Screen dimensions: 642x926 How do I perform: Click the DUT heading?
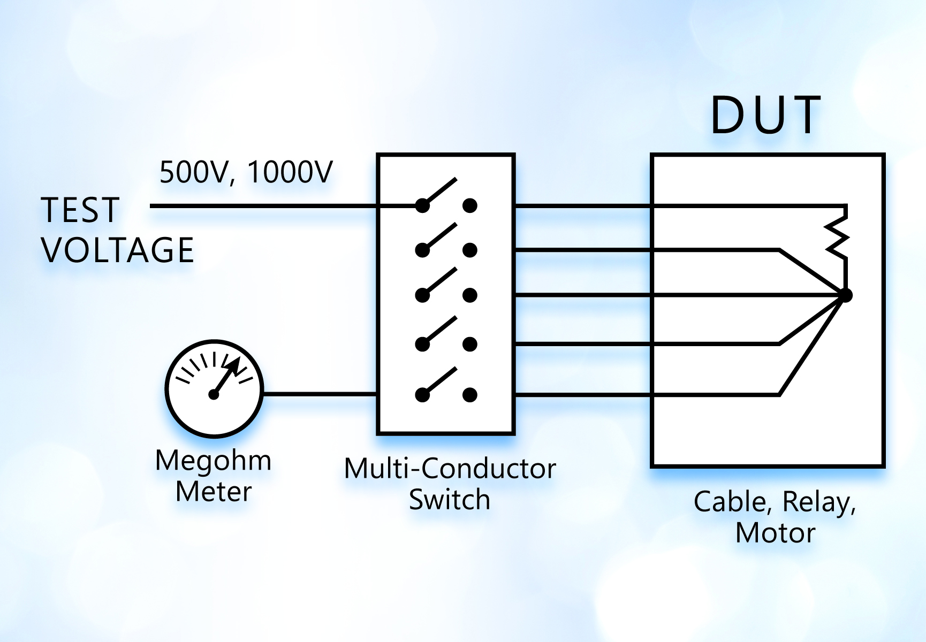pyautogui.click(x=765, y=115)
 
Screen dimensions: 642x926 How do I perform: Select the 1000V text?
pyautogui.click(x=290, y=172)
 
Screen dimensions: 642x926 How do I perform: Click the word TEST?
pyautogui.click(x=80, y=210)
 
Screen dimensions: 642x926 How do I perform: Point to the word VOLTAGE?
pyautogui.click(x=118, y=250)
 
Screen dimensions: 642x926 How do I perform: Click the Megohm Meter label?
pyautogui.click(x=214, y=476)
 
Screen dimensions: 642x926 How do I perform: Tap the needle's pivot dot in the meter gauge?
pyautogui.click(x=214, y=395)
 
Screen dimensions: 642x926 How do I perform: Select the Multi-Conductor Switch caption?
pyautogui.click(x=450, y=484)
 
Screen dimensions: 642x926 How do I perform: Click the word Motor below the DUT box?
pyautogui.click(x=775, y=533)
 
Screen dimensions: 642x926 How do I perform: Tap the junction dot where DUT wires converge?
pyautogui.click(x=846, y=295)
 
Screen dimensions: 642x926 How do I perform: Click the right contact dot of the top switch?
pyautogui.click(x=470, y=205)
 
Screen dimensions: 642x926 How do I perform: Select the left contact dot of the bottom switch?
pyautogui.click(x=422, y=395)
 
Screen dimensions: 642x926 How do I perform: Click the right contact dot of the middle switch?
pyautogui.click(x=470, y=295)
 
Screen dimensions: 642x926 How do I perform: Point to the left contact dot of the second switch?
pyautogui.click(x=422, y=250)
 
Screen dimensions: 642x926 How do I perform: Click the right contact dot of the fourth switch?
pyautogui.click(x=470, y=344)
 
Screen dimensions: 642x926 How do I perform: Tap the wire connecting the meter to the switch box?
pyautogui.click(x=320, y=394)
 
